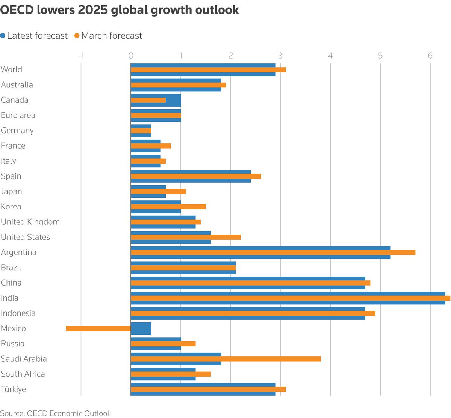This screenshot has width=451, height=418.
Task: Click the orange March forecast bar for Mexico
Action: tap(98, 328)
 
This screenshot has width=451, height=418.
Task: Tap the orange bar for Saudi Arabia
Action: tap(225, 359)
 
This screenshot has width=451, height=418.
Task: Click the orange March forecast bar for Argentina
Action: tap(273, 253)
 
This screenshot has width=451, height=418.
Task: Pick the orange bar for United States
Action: tap(186, 237)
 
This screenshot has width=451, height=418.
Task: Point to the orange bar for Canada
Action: tap(148, 100)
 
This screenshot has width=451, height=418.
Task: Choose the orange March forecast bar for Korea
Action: tap(168, 207)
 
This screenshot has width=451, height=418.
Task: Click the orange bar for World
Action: tap(208, 70)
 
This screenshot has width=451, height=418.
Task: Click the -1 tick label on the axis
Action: tap(81, 56)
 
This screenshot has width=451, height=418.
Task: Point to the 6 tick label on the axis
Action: tap(430, 56)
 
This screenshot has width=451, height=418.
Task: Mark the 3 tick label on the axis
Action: tap(280, 56)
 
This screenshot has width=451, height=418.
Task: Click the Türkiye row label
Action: tap(14, 389)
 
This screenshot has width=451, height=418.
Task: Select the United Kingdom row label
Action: tap(30, 222)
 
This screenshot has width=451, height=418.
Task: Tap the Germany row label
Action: tap(17, 131)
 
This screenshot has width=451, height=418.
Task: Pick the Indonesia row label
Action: tap(18, 313)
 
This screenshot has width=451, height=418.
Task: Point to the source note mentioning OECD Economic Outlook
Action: tap(56, 413)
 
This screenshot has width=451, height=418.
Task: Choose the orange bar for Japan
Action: tap(158, 191)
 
